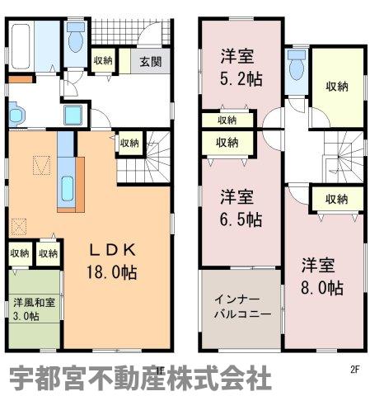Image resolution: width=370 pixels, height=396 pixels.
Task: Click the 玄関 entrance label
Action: click(x=151, y=62)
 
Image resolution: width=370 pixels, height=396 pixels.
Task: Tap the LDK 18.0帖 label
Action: click(x=112, y=261)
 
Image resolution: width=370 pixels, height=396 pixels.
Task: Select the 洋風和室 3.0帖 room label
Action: click(x=34, y=309)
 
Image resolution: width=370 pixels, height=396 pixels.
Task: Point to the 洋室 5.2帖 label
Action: click(x=241, y=68)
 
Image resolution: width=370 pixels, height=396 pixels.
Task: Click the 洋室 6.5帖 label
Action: click(x=241, y=208)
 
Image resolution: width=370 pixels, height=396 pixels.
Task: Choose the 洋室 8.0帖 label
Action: click(x=322, y=276)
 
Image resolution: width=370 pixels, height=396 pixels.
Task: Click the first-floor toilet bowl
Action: click(x=76, y=38)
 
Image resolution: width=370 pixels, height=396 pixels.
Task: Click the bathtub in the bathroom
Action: click(x=21, y=46)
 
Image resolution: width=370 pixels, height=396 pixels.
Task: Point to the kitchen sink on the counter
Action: click(x=67, y=189)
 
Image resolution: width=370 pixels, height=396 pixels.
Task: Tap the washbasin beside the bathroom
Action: click(x=16, y=115)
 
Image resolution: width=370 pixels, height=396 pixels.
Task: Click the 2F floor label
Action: click(x=355, y=370)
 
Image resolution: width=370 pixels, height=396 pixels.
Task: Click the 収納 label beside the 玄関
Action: click(x=103, y=60)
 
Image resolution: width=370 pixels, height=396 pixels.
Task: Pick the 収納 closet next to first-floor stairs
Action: click(x=129, y=143)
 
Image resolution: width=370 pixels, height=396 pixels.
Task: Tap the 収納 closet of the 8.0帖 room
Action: click(x=337, y=199)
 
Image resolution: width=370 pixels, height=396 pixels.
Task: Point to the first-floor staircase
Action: click(x=143, y=157)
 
